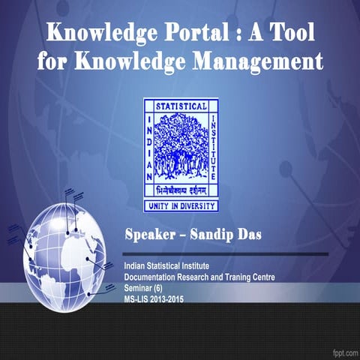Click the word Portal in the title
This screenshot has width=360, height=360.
pyautogui.click(x=196, y=33)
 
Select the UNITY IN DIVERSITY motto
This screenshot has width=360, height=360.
pyautogui.click(x=181, y=205)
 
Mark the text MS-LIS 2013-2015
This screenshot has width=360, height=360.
pyautogui.click(x=153, y=298)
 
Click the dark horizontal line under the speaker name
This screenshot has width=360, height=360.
pyautogui.click(x=225, y=254)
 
